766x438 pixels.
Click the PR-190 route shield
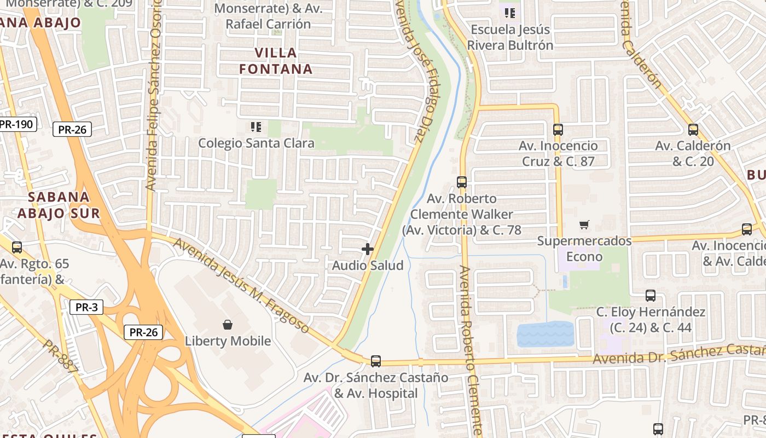[x=16, y=124]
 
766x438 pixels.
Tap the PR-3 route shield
[x=86, y=307]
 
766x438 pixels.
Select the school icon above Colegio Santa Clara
[x=256, y=128]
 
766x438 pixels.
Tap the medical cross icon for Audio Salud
[x=368, y=250]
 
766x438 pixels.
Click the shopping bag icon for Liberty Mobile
[x=228, y=325]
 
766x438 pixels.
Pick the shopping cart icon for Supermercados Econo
[x=584, y=224]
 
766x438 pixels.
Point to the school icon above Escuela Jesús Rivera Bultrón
[x=510, y=13]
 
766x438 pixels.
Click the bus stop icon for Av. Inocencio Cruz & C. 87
[x=558, y=130]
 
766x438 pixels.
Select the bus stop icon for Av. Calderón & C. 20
[x=693, y=130]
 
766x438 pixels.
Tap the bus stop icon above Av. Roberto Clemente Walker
[x=462, y=182]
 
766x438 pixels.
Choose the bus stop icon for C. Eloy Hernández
[x=651, y=296]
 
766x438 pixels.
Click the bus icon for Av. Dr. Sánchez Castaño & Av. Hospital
[x=376, y=361]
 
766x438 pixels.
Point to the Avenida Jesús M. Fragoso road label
[x=241, y=285]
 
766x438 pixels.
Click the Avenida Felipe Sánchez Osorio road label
[x=154, y=95]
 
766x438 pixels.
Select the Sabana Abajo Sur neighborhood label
[x=59, y=205]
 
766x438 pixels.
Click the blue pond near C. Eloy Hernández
[x=546, y=334]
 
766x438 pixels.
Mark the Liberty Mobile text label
[x=228, y=341]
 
